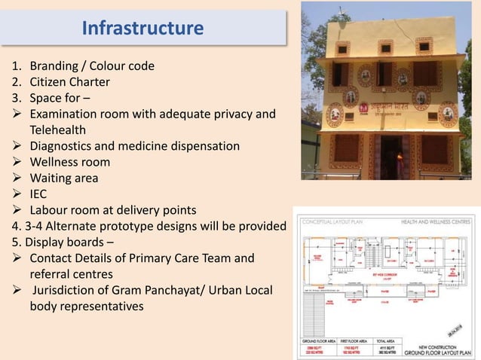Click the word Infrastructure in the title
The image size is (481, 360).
142,29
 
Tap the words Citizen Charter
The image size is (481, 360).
70,82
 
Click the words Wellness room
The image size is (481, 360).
70,162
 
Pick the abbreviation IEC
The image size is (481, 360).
38,194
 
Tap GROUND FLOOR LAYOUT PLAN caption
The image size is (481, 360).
439,352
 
